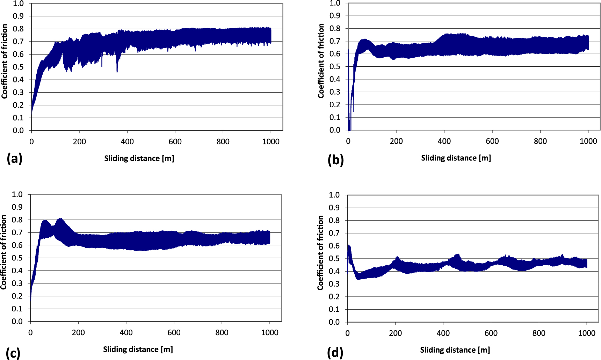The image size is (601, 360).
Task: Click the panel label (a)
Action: [x=14, y=159]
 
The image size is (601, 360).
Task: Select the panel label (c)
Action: [x=13, y=352]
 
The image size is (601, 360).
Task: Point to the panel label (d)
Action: [x=335, y=352]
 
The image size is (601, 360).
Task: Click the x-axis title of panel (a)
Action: [x=139, y=158]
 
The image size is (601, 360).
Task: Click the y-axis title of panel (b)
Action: [x=321, y=61]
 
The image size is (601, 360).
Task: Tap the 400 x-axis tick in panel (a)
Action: [x=127, y=142]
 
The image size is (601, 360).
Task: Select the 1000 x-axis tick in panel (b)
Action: [x=588, y=141]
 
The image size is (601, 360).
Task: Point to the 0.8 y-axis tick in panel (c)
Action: [x=17, y=220]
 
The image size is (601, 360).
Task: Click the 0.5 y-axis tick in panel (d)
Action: [x=334, y=259]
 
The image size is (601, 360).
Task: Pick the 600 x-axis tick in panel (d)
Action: [x=491, y=333]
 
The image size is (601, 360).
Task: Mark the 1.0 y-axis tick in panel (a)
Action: [x=18, y=3]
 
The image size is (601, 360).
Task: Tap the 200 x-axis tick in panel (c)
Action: [x=78, y=332]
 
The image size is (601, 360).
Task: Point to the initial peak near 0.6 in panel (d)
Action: [x=349, y=246]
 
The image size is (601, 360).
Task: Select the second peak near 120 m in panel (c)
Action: [x=60, y=220]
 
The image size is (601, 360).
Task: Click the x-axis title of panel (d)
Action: [x=455, y=350]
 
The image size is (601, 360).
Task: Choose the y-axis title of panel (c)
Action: [x=3, y=252]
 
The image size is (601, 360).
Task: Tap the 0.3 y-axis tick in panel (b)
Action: [x=335, y=92]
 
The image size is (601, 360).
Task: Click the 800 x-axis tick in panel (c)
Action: [x=222, y=332]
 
